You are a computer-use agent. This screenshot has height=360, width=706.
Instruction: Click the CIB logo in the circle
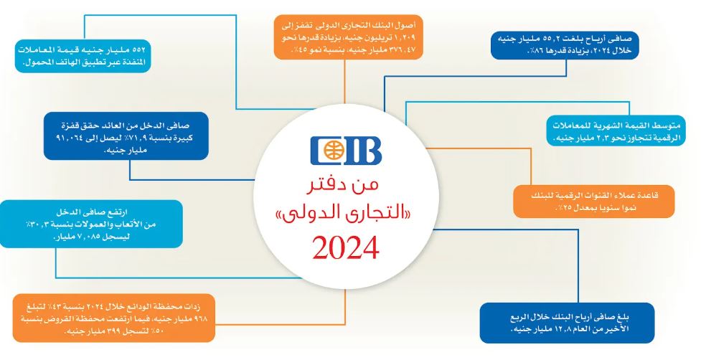(x=345, y=151)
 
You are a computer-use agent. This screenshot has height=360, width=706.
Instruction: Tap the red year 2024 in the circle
(x=345, y=248)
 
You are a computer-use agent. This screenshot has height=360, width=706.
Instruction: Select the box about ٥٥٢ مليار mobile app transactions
(x=83, y=56)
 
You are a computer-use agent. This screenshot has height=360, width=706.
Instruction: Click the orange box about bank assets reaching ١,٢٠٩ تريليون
(x=349, y=37)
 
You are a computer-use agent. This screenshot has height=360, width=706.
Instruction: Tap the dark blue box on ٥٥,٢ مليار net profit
(x=565, y=44)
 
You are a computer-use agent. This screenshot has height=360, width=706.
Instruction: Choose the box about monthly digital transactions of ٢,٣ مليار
(x=616, y=131)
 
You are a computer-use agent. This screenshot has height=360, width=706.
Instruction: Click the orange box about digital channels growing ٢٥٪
(x=594, y=201)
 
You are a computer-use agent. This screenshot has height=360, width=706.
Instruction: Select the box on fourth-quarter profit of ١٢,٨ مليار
(x=566, y=323)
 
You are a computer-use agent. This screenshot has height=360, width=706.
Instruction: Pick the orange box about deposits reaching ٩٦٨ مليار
(x=113, y=318)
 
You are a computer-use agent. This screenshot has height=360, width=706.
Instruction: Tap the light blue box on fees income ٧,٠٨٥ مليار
(x=91, y=224)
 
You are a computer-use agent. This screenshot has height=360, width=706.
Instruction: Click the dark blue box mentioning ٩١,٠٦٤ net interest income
(x=126, y=136)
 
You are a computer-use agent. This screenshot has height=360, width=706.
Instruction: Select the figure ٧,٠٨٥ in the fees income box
(x=107, y=237)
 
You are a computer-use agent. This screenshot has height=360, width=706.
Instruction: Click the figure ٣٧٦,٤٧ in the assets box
(x=408, y=46)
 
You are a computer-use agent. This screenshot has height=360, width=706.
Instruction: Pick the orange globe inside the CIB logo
(x=335, y=151)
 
